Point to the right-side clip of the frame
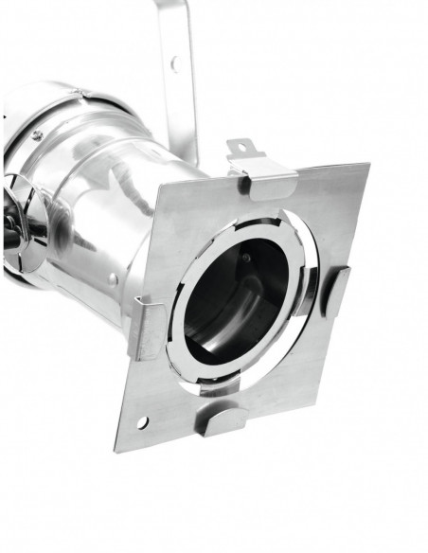pos(336,290)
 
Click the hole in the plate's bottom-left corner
pos(142,420)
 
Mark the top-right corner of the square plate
pos(367,165)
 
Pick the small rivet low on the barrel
pos(114,278)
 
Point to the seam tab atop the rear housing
pos(83,93)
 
